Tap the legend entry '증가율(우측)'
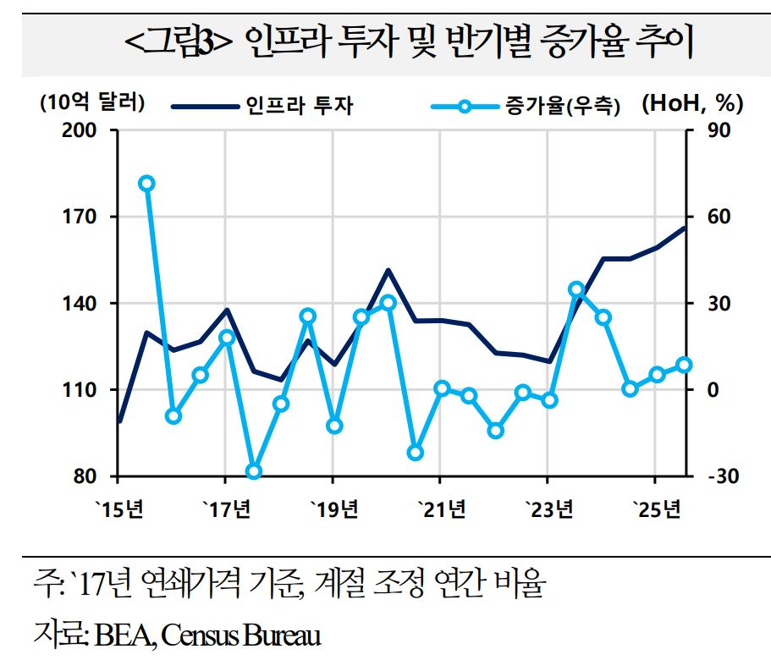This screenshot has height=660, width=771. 563,106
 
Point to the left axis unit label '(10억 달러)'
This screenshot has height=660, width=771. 91,103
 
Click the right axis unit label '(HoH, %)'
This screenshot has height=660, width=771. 692,104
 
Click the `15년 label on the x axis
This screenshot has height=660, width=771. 121,509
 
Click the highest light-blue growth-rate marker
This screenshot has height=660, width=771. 146,184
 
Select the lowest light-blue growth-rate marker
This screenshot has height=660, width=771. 253,472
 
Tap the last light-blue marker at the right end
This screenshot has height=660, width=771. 684,365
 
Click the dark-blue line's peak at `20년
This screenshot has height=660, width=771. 388,270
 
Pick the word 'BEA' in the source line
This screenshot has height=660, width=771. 116,634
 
